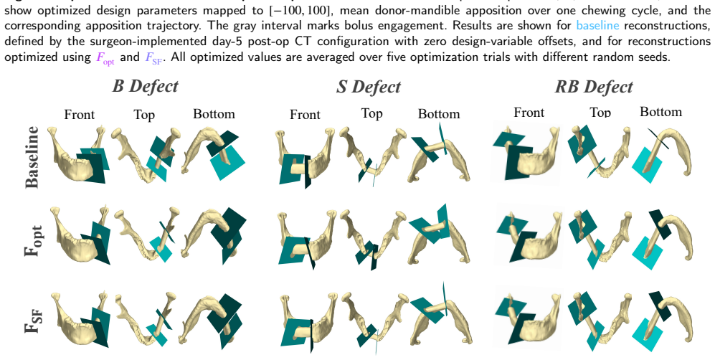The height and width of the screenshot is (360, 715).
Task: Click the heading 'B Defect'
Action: tap(145, 85)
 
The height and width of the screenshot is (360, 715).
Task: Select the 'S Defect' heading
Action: tap(368, 87)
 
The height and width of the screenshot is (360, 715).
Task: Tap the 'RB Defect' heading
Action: tap(593, 87)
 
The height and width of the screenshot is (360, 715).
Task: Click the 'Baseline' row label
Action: tap(32, 157)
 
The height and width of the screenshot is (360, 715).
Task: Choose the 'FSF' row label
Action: tap(33, 320)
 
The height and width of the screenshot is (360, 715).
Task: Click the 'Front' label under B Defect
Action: tap(80, 114)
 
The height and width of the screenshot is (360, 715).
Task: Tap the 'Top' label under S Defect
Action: tap(371, 113)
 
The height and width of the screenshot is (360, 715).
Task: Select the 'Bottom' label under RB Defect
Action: tap(660, 112)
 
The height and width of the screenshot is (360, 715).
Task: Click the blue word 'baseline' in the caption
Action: tap(597, 25)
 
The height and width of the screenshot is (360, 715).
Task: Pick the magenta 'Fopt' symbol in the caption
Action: tap(105, 57)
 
